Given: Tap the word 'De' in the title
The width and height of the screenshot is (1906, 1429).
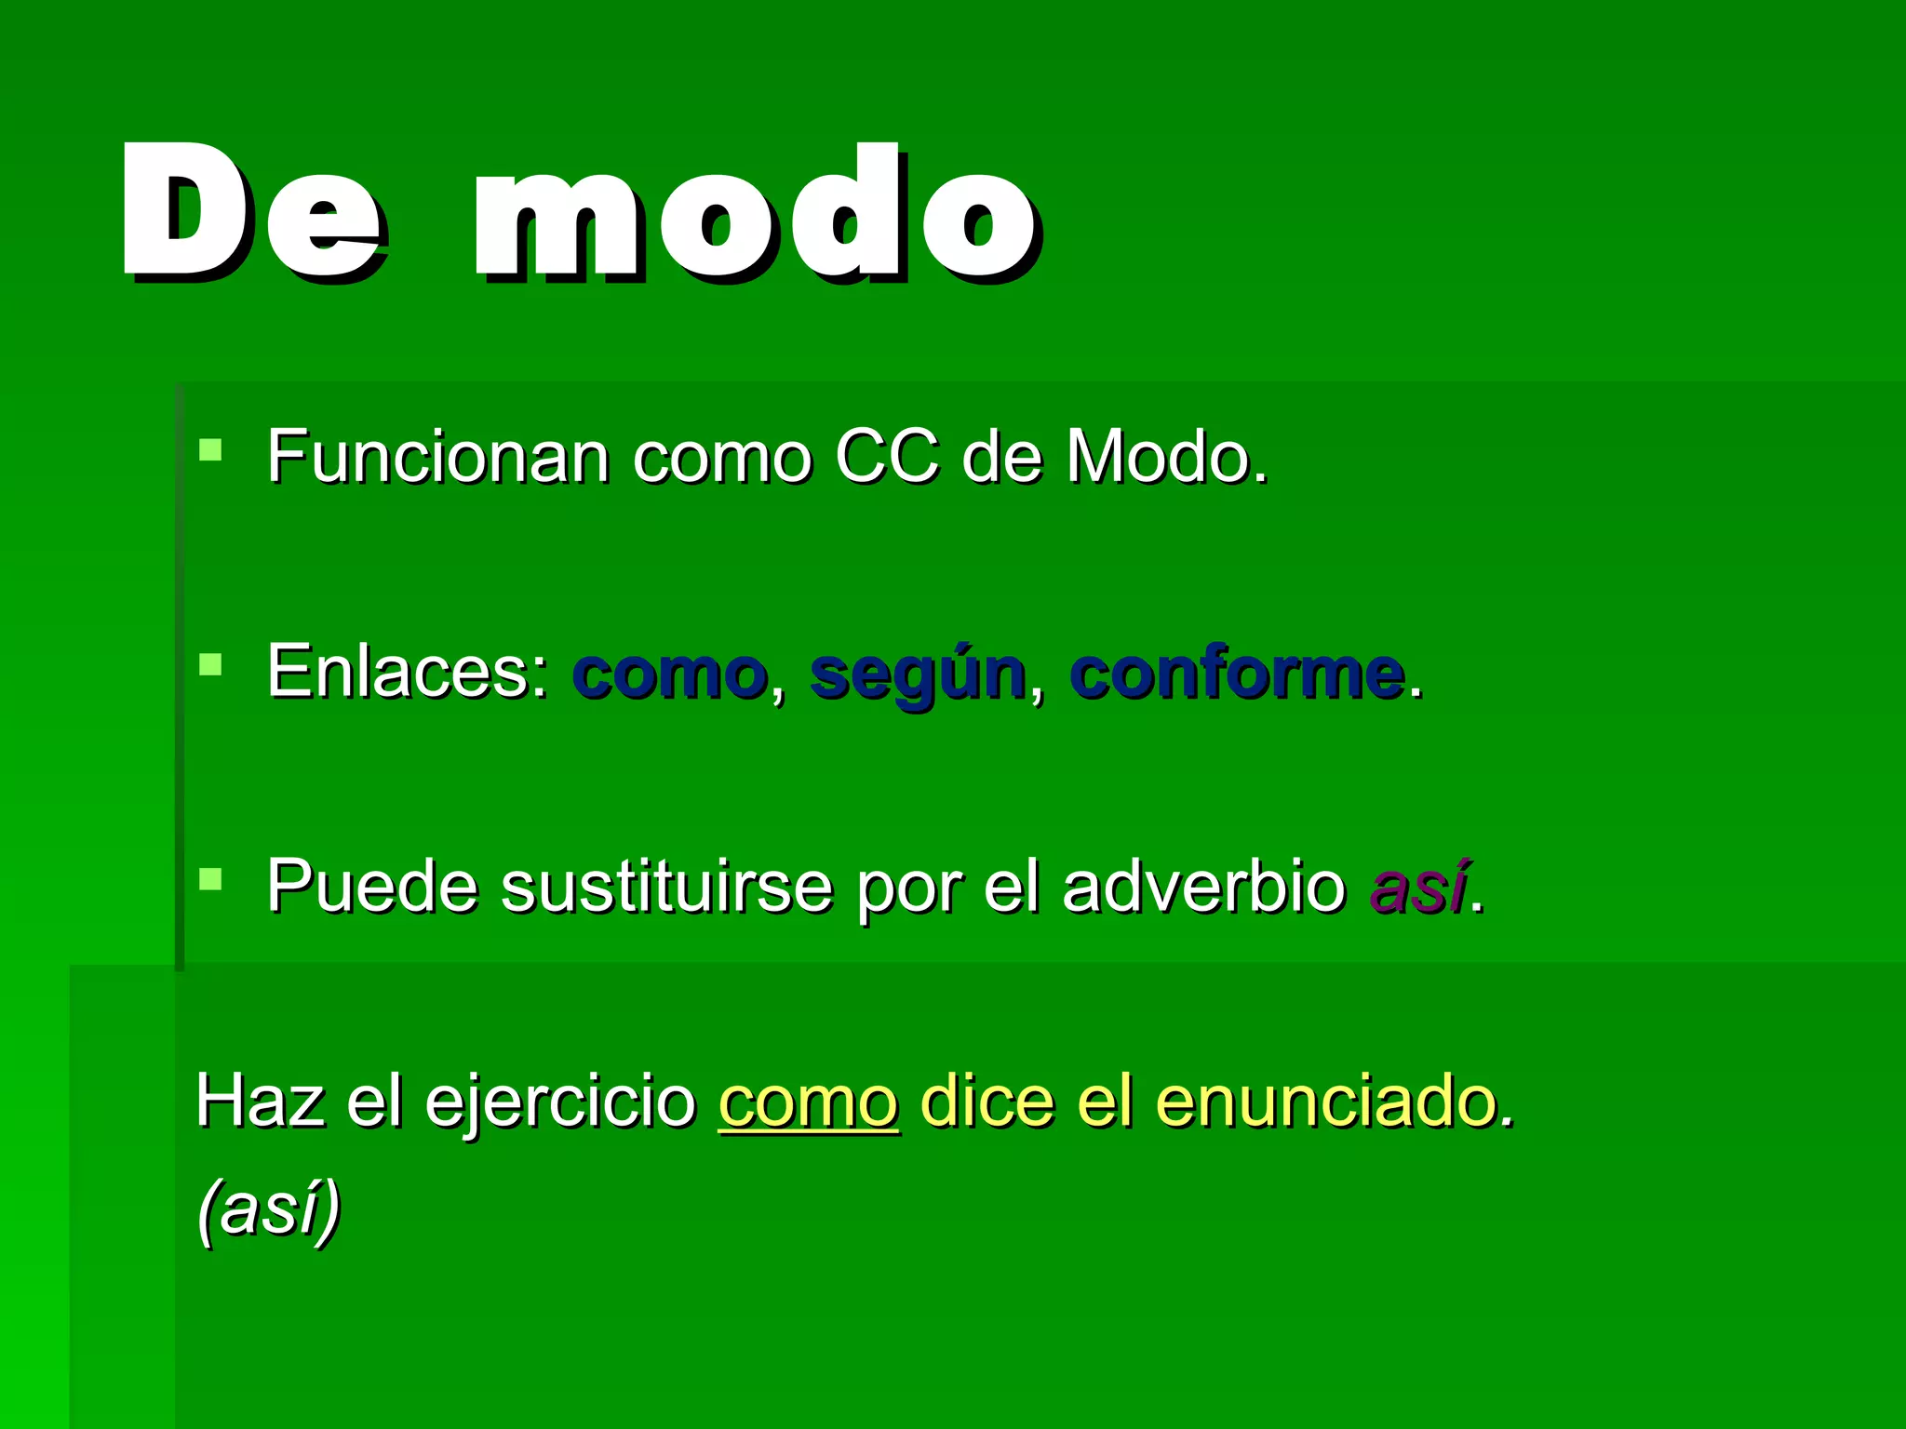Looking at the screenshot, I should point(251,214).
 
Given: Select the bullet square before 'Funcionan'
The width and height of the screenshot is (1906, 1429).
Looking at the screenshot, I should point(211,450).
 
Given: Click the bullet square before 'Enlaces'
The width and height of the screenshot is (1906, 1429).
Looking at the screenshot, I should point(211,664).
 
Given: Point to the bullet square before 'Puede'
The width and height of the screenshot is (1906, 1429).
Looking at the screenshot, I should point(211,879).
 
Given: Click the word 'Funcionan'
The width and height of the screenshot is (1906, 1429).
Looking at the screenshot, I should point(437,458).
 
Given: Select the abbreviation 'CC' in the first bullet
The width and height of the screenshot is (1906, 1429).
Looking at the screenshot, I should point(887,458).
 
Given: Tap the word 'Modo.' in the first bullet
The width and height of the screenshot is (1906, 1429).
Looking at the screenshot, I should point(1167,458).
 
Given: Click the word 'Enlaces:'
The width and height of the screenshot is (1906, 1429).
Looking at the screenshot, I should point(408,672).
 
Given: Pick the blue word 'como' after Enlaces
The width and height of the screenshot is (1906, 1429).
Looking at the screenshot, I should point(670,674).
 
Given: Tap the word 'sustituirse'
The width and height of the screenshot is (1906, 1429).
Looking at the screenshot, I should point(666,888).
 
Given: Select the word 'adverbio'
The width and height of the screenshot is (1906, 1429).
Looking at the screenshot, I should point(1203,888).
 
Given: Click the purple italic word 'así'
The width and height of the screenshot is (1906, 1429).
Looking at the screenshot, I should point(1418,888).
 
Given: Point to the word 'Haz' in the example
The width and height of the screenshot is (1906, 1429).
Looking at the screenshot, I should point(260,1102).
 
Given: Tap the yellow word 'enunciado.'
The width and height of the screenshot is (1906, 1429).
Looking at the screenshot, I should point(1335,1102).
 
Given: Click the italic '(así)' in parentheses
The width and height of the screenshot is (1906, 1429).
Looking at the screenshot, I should point(269,1209).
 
